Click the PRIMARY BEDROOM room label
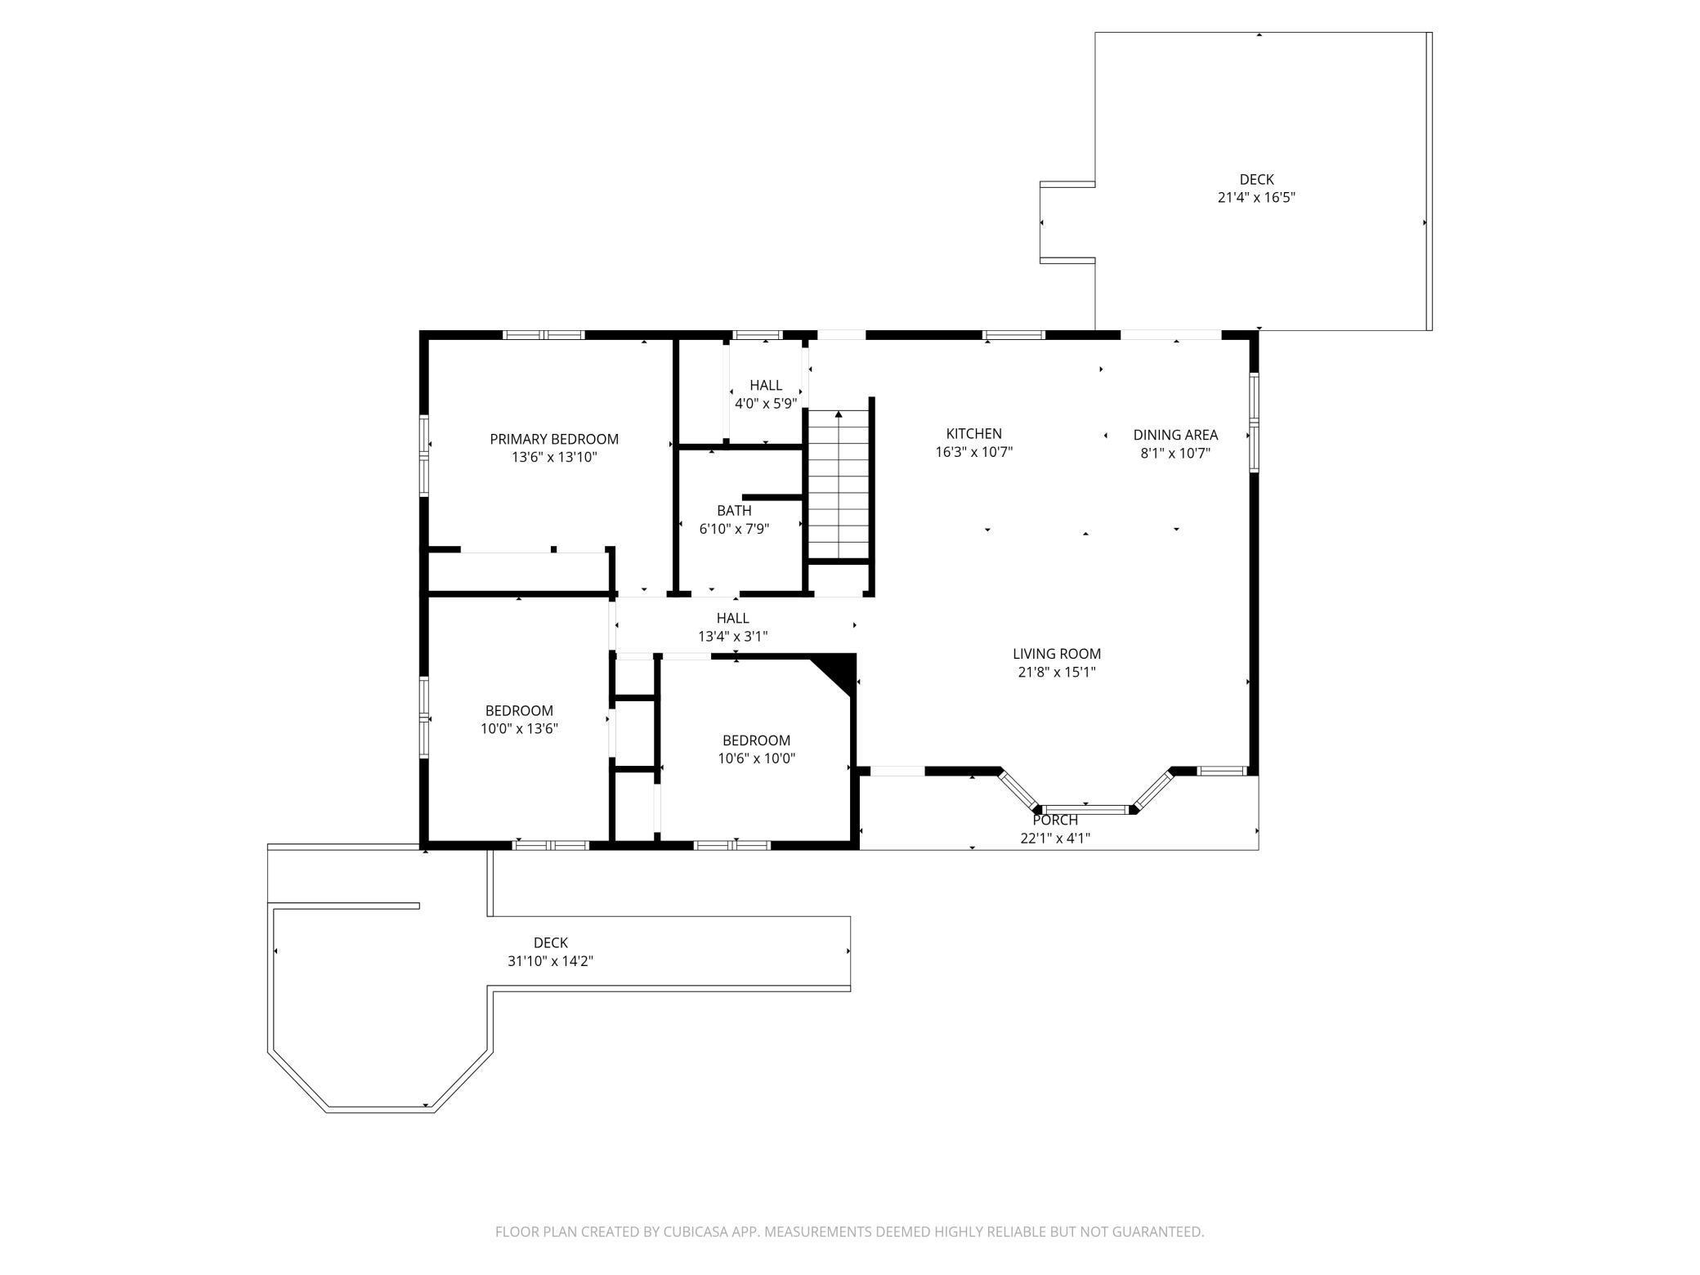click(554, 439)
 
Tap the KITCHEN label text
click(973, 434)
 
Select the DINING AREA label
click(1175, 435)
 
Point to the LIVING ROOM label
click(1057, 654)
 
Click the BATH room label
click(734, 511)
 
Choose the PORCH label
click(1055, 820)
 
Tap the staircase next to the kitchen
click(839, 485)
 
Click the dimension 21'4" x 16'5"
click(1256, 197)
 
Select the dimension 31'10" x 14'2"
click(550, 961)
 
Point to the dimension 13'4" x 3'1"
click(732, 636)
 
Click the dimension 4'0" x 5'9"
click(766, 403)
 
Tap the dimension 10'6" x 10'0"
click(756, 758)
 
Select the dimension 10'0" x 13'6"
click(519, 728)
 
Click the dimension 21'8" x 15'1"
click(1057, 673)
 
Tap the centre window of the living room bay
click(1086, 809)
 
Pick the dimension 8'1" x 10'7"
click(1175, 454)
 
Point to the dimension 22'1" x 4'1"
click(1055, 839)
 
